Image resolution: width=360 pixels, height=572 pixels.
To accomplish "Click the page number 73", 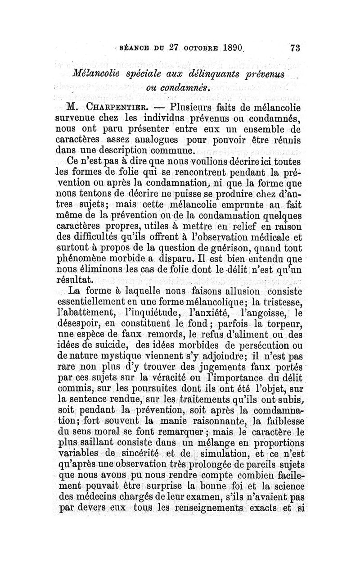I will [x=295, y=48].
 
